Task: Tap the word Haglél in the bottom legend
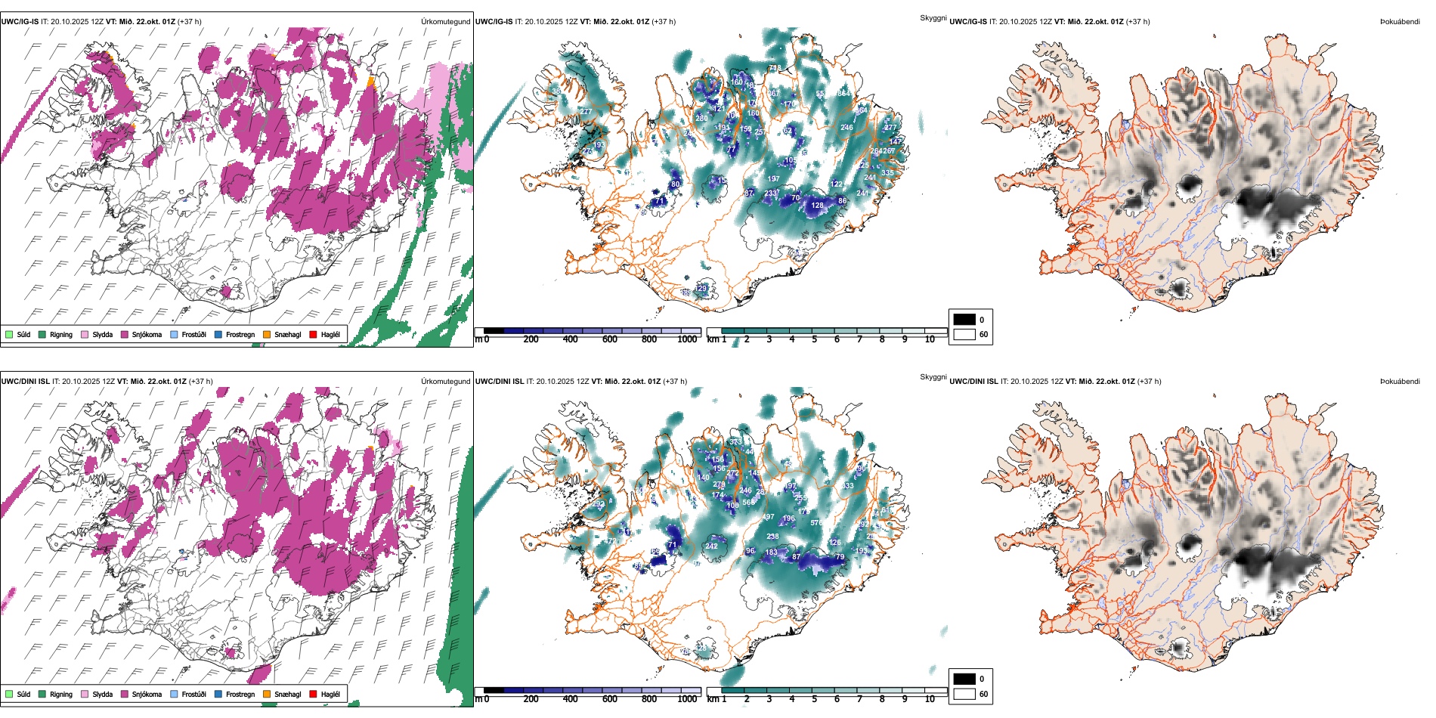[330, 694]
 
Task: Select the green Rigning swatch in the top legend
[42, 334]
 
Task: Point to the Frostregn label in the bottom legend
[240, 694]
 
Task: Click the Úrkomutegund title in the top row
[445, 21]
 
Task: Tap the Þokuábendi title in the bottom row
[1400, 381]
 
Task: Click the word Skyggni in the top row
[933, 17]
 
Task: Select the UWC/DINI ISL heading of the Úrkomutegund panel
[25, 381]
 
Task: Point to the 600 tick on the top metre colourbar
[610, 339]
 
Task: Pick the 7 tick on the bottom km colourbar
[859, 699]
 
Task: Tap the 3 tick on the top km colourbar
[769, 339]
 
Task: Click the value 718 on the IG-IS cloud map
[775, 69]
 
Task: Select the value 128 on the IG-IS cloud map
[817, 206]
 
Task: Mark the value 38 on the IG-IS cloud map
[556, 91]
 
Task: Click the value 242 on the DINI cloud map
[711, 546]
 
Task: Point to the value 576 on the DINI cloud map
[816, 523]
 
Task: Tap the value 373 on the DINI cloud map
[735, 442]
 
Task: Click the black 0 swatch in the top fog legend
[964, 319]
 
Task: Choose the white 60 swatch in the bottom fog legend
[964, 694]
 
